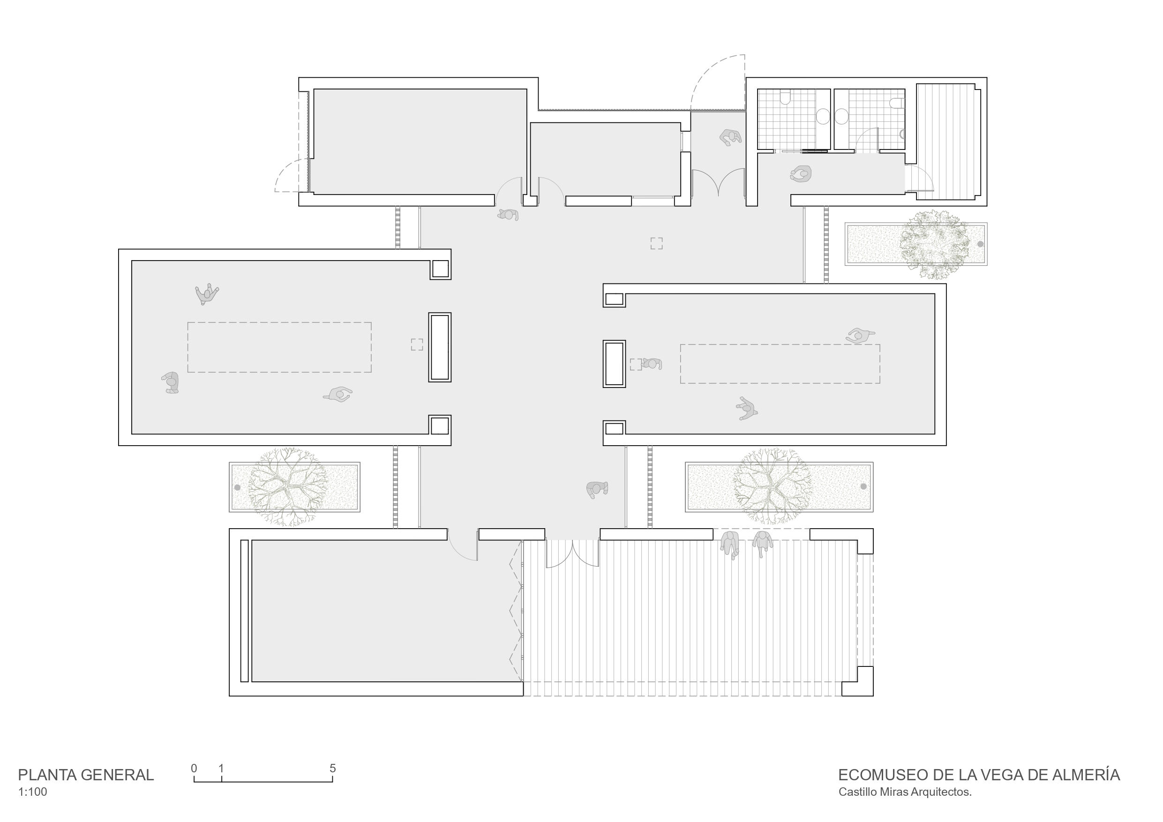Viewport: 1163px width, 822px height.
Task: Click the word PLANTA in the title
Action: (46, 775)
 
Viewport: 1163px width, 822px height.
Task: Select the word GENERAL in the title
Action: (118, 775)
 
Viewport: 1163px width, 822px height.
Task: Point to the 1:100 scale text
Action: (32, 792)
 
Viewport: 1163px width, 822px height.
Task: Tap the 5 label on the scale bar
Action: (333, 768)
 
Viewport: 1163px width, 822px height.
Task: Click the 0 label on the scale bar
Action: (194, 768)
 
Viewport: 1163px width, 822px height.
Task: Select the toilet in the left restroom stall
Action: (785, 96)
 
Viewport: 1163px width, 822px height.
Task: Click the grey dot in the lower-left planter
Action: (237, 488)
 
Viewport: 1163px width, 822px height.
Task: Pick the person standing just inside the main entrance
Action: (597, 489)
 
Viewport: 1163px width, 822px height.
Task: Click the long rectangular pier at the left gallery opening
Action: (440, 347)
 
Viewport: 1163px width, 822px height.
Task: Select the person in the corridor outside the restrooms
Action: (800, 174)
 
